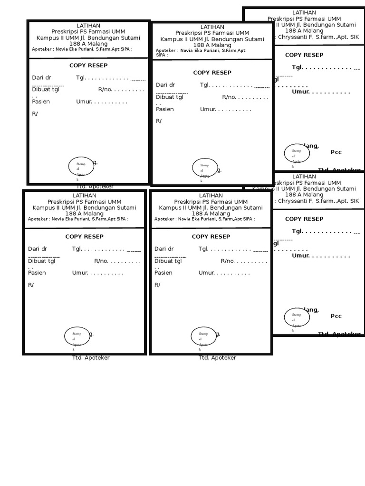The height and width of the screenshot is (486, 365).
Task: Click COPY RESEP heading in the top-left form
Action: pyautogui.click(x=88, y=65)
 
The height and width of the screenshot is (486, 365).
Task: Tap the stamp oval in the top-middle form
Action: pyautogui.click(x=205, y=168)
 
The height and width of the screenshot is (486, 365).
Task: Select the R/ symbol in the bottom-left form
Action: pyautogui.click(x=31, y=285)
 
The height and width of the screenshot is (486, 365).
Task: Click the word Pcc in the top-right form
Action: pyautogui.click(x=336, y=152)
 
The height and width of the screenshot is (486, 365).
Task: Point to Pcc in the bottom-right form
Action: pyautogui.click(x=336, y=316)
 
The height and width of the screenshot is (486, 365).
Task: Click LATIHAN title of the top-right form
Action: pyautogui.click(x=304, y=12)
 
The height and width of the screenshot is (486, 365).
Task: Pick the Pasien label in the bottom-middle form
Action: pyautogui.click(x=163, y=273)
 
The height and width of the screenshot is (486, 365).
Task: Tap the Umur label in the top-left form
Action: pyautogui.click(x=84, y=102)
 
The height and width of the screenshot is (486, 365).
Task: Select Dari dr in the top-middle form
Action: pyautogui.click(x=165, y=85)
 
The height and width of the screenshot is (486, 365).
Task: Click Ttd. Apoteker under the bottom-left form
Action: pyautogui.click(x=91, y=358)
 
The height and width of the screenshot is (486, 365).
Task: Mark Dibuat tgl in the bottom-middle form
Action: pyautogui.click(x=168, y=261)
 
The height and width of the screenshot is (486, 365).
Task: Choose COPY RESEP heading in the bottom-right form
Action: pyautogui.click(x=304, y=219)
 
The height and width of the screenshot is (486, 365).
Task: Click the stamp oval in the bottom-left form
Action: pyautogui.click(x=77, y=336)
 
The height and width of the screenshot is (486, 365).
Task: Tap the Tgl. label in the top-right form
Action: pyautogui.click(x=298, y=67)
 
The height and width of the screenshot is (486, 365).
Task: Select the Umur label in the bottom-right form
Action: pyautogui.click(x=300, y=256)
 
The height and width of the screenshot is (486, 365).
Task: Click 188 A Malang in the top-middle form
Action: pyautogui.click(x=212, y=45)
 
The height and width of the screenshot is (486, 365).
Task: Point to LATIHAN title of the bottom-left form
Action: pyautogui.click(x=85, y=196)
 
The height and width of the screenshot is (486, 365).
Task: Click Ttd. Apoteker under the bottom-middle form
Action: pyautogui.click(x=217, y=358)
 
